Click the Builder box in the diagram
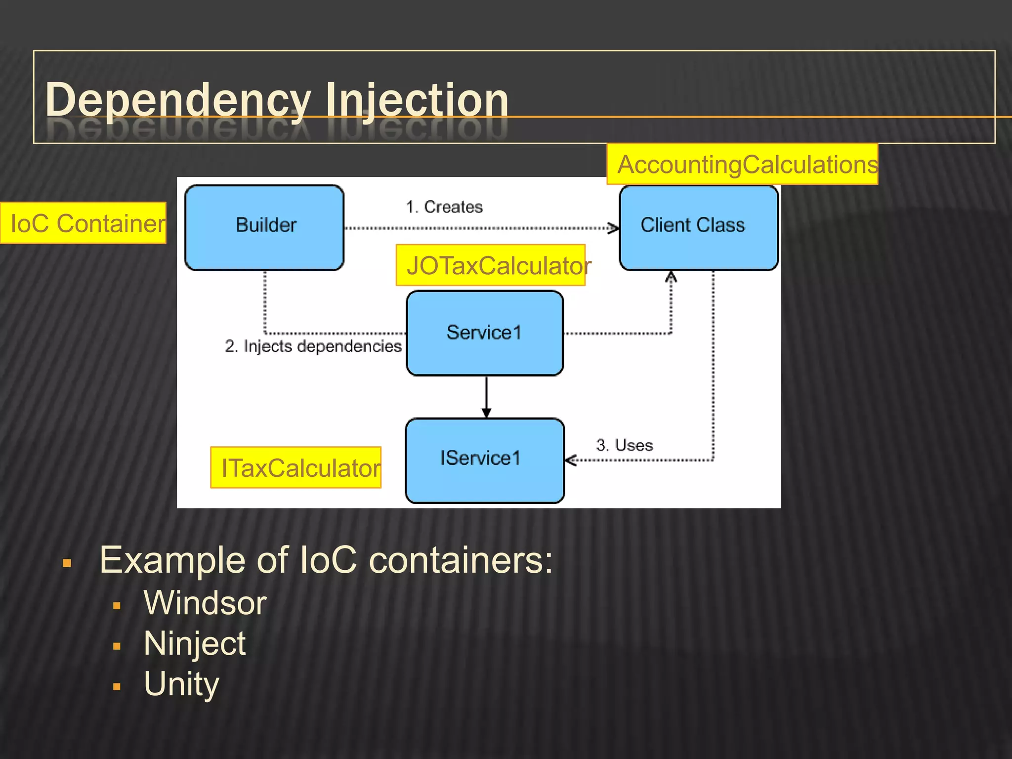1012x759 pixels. click(264, 227)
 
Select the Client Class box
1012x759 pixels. click(698, 227)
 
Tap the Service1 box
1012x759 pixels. click(484, 333)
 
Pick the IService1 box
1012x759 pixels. click(484, 460)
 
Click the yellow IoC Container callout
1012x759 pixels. click(83, 223)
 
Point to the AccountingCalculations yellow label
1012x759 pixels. click(742, 164)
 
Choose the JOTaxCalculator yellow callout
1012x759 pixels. click(491, 265)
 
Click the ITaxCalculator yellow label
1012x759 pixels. click(295, 467)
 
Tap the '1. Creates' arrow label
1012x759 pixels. click(444, 207)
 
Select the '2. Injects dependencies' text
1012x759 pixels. click(313, 346)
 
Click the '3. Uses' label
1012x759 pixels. click(624, 445)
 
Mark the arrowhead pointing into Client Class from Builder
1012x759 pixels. click(614, 228)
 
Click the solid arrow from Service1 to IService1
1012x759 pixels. click(486, 395)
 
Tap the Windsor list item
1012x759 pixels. click(205, 603)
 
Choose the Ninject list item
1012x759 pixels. click(194, 643)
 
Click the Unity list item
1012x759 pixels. click(181, 684)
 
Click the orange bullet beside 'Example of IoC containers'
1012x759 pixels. click(67, 563)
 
